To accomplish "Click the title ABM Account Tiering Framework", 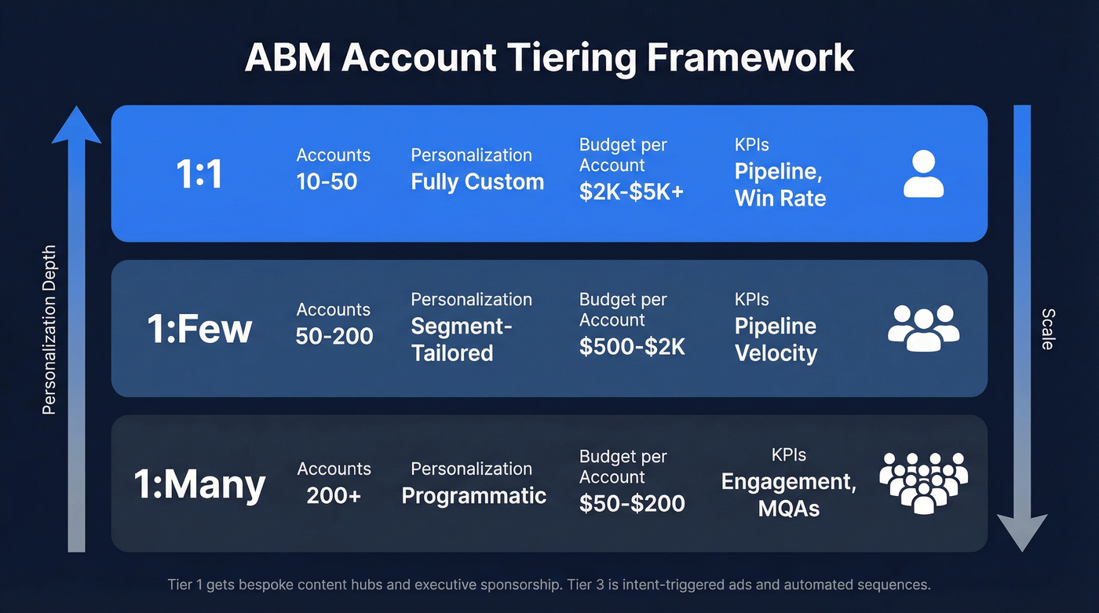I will click(x=549, y=58).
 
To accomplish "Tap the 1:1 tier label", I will click(x=199, y=173).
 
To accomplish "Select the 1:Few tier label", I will click(x=199, y=329).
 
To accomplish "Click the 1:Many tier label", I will click(x=199, y=484).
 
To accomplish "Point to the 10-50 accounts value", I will click(x=327, y=182).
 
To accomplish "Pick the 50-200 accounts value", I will click(x=334, y=337).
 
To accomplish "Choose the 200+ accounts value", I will click(x=334, y=495).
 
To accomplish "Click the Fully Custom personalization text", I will click(x=477, y=182).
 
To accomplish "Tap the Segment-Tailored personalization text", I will click(x=461, y=340).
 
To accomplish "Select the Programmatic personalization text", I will click(x=474, y=495).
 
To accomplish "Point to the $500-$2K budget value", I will click(x=632, y=347).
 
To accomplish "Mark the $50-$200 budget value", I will click(x=632, y=503).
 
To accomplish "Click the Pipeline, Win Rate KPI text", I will click(x=780, y=185).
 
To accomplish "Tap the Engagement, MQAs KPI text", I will click(x=789, y=495).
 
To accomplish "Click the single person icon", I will click(x=923, y=173).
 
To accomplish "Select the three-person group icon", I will click(x=923, y=328).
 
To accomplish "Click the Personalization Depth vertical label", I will click(x=49, y=330).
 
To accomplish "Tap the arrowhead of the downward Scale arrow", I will click(x=1022, y=532).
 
